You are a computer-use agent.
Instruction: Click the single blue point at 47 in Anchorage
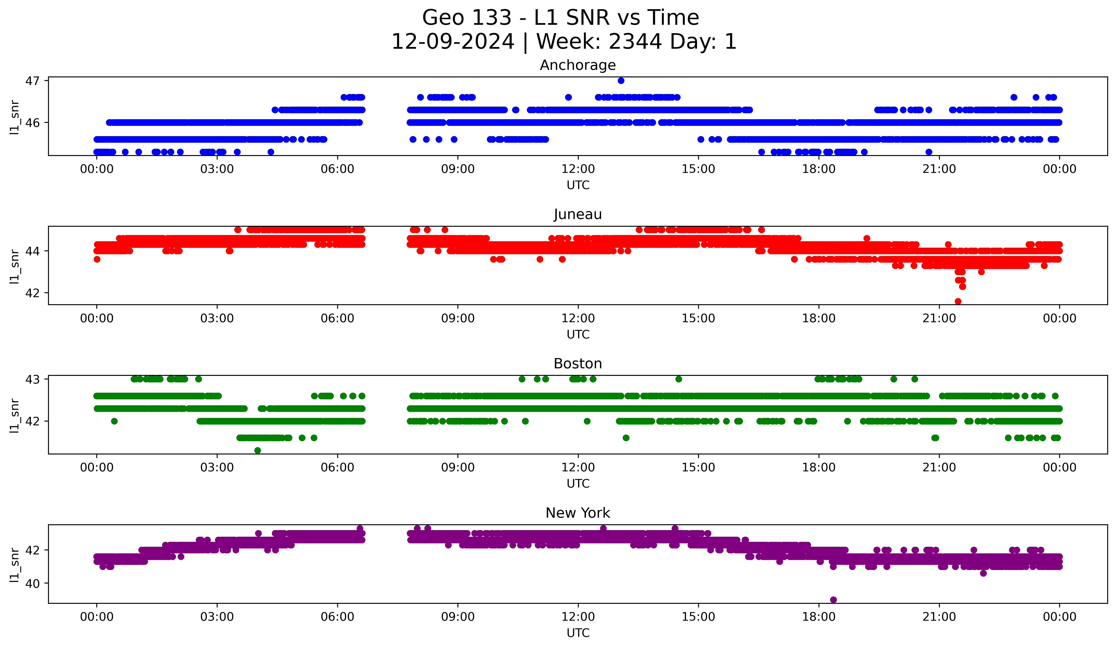(621, 81)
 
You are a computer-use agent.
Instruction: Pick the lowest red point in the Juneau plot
(958, 301)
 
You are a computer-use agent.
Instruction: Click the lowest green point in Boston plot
(258, 450)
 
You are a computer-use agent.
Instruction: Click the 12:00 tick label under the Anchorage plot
(578, 169)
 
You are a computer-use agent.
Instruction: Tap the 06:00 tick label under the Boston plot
(337, 468)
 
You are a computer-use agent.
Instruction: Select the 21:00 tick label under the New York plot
(939, 617)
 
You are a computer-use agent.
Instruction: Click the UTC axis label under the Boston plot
(578, 484)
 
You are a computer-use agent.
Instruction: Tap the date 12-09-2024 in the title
(453, 42)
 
